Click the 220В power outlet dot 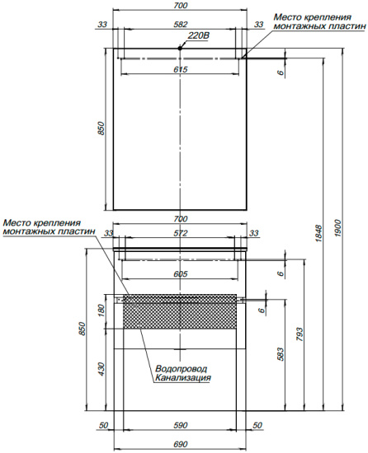[180, 49]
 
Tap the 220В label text [199, 35]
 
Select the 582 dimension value [180, 25]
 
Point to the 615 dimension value [181, 69]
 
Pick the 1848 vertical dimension [318, 233]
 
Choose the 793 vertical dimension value [300, 334]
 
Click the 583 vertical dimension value [281, 354]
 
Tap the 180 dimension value [101, 311]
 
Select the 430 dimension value [101, 369]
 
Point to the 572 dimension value [181, 233]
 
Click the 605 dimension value [181, 273]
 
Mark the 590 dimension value [181, 425]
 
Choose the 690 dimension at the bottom [181, 444]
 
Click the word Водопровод [182, 369]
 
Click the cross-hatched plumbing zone [180, 311]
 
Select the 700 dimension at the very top [181, 5]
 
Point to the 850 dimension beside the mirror [101, 128]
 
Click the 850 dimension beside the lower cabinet [83, 329]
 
